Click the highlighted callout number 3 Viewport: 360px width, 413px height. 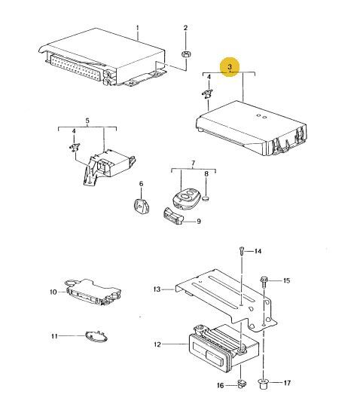230,66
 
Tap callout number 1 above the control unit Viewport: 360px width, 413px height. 137,28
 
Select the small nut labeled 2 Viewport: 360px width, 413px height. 186,55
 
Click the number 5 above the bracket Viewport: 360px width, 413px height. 87,121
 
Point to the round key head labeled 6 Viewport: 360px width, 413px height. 142,206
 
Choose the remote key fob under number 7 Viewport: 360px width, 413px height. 186,199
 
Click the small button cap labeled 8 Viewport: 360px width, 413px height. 206,199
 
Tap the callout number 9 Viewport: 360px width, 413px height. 199,222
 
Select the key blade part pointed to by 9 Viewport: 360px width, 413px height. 173,216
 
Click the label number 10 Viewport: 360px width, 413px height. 53,292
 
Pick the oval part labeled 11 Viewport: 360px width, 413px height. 96,338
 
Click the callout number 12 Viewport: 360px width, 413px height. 157,344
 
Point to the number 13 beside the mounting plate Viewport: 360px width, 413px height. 157,289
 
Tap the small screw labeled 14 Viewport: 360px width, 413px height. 242,251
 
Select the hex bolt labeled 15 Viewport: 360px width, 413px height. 264,282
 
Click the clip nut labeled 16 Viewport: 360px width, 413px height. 241,384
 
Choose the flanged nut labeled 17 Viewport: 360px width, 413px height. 263,384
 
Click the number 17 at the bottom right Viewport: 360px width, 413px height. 287,383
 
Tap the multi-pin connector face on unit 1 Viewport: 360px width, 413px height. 75,67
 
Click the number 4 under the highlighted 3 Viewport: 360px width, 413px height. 209,77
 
